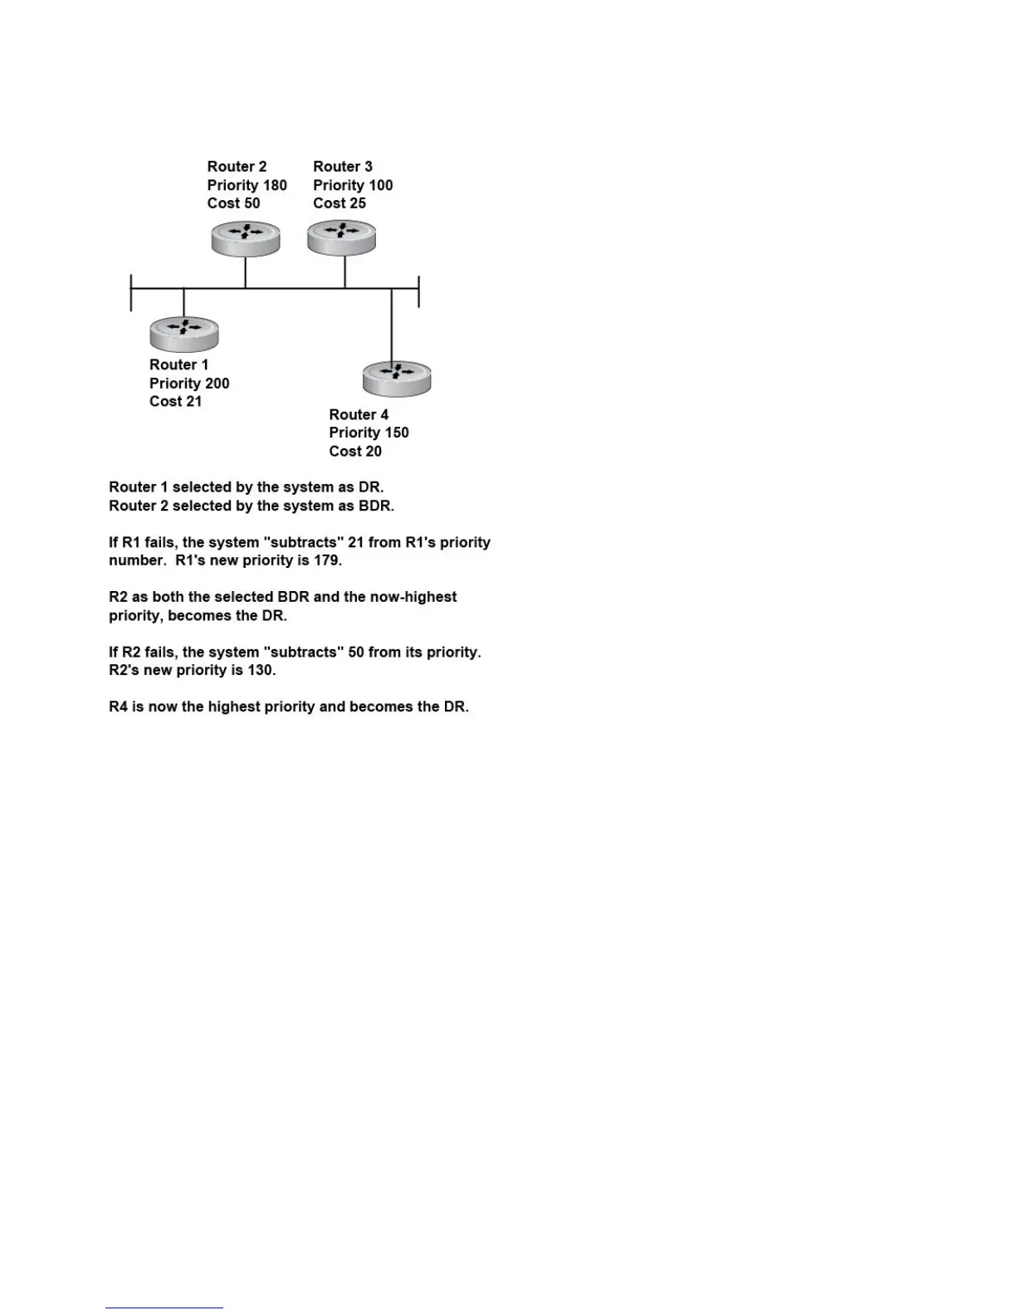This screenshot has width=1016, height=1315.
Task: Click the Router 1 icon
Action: coord(184,334)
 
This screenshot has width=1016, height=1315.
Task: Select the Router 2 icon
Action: coord(245,238)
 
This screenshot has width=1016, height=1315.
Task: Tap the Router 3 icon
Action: coord(342,237)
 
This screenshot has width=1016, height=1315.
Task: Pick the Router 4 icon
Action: coord(397,379)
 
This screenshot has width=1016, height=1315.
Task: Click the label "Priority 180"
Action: coord(247,185)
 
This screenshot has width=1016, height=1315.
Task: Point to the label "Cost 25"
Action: coord(339,203)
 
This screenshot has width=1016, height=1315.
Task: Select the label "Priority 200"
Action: coord(189,384)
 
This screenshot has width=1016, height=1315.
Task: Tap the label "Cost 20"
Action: coord(355,452)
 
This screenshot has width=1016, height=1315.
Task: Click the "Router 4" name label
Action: coord(359,415)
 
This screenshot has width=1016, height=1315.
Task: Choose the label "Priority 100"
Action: coord(353,185)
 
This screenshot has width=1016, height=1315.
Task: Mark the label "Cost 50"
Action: coord(233,203)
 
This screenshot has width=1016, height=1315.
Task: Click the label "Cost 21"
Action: coord(175,402)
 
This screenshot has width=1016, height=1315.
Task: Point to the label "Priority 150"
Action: coord(369,433)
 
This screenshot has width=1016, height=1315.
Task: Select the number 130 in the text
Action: coord(261,670)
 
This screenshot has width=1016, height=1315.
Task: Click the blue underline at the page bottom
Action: coord(164,1308)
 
